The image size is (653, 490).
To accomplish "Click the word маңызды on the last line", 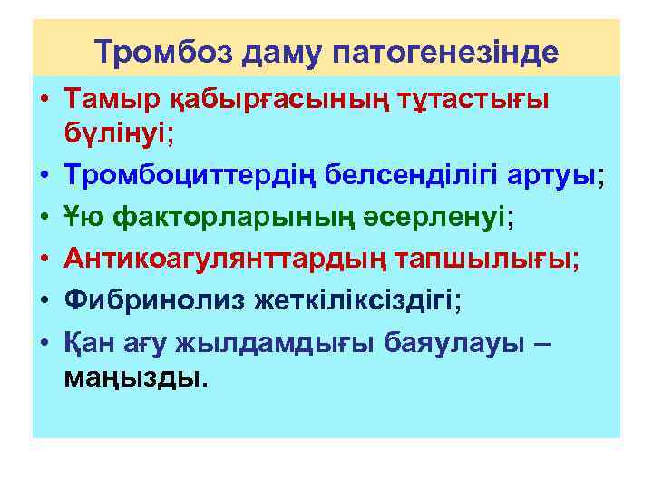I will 133,376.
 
